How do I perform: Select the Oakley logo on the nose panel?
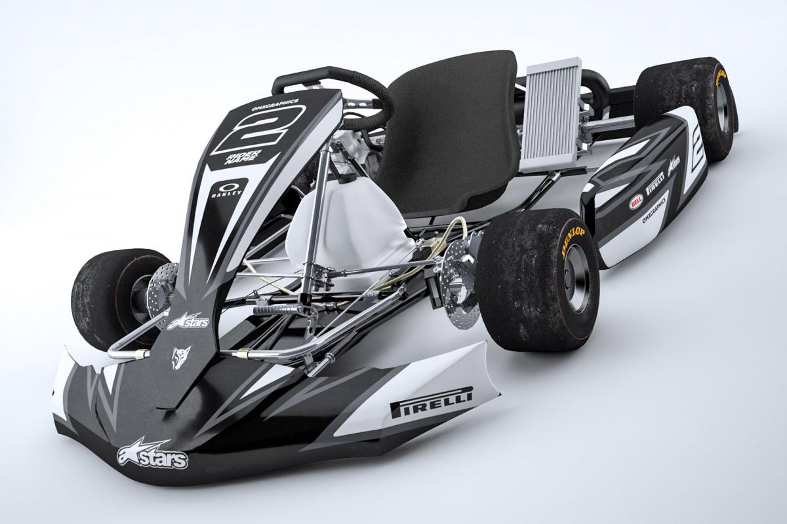coord(227,188)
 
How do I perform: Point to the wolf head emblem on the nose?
coord(178,358)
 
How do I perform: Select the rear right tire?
coord(685,108)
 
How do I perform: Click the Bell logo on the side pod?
coord(636,202)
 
